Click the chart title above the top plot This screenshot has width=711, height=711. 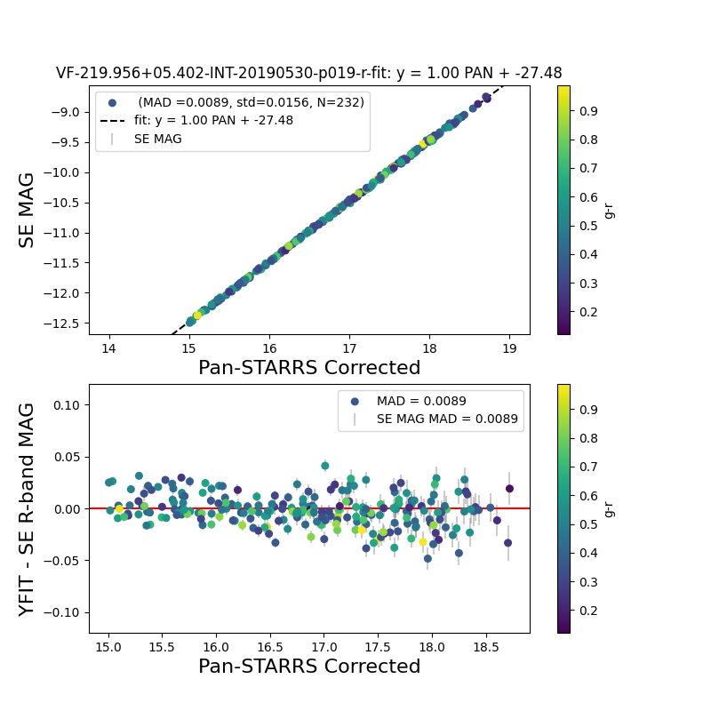(309, 73)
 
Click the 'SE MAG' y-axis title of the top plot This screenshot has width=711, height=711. (28, 210)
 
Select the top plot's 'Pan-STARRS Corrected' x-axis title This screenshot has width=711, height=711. (309, 368)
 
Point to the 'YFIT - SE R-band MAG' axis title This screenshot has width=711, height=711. (28, 508)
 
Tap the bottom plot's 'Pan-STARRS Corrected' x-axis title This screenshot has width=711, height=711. (309, 667)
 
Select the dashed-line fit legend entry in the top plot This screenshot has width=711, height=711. (207, 120)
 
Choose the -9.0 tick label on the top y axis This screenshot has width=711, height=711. (68, 112)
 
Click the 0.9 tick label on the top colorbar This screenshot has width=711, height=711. (588, 111)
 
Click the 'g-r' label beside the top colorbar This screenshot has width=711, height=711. (609, 210)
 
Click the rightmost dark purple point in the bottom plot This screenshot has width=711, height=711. (509, 488)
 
